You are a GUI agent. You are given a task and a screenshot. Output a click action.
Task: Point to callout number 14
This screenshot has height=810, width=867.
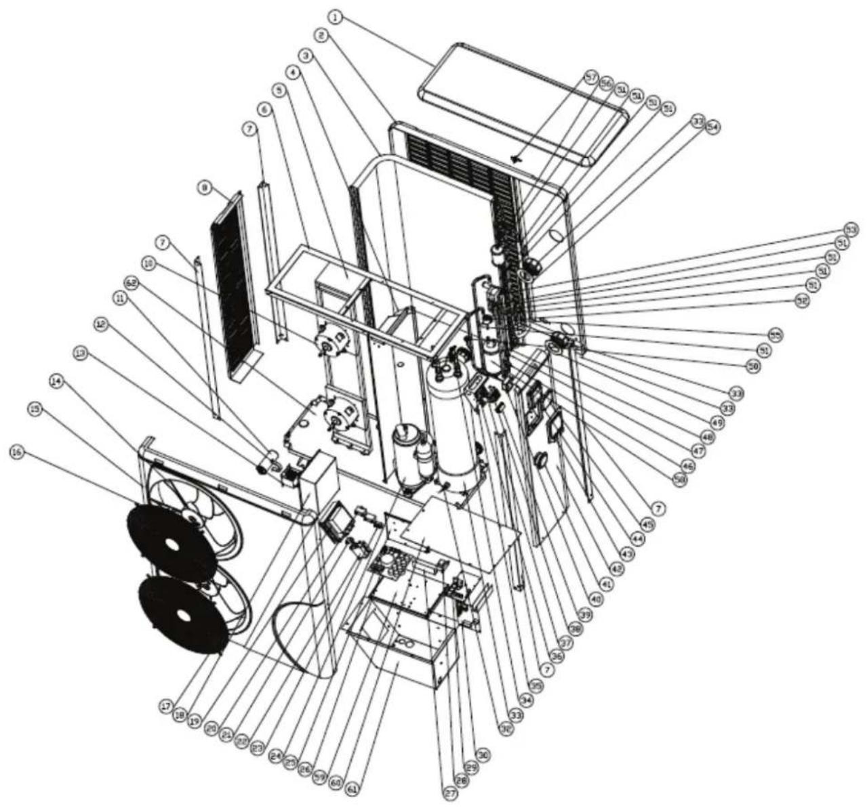(x=56, y=381)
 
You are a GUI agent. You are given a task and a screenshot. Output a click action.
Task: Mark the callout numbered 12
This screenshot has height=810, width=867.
(x=100, y=324)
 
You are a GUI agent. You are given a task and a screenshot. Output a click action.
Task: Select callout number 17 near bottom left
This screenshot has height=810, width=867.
(x=165, y=706)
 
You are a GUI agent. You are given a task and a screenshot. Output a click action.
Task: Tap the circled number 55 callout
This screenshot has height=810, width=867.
(x=774, y=335)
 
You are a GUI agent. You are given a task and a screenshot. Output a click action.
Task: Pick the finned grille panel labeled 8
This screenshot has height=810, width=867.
(x=234, y=284)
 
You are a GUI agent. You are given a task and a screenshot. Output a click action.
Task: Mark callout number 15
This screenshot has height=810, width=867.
(x=34, y=408)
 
